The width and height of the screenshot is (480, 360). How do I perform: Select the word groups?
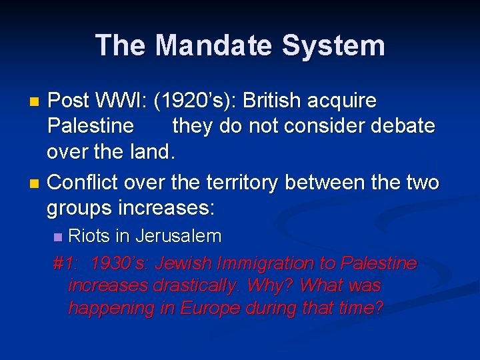click(79, 207)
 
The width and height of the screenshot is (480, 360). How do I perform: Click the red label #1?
click(65, 263)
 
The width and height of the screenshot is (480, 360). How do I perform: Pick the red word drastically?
click(195, 286)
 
